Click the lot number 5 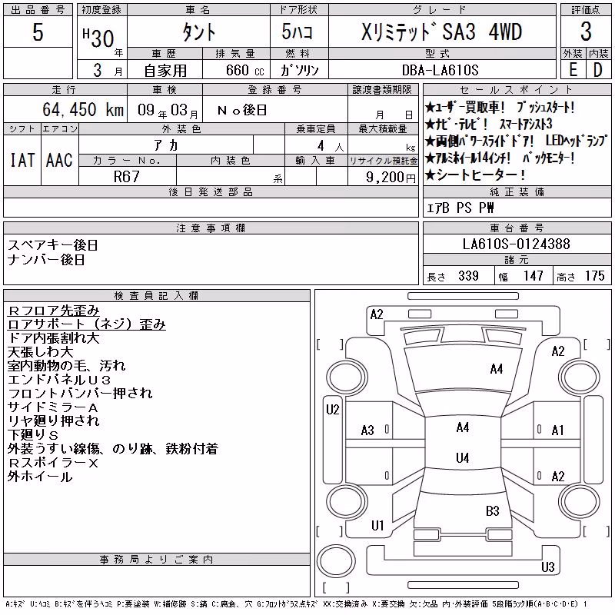click(x=38, y=32)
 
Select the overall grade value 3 click(x=586, y=32)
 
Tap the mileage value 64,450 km click(x=83, y=110)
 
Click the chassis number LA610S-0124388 click(x=516, y=244)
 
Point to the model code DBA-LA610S click(x=440, y=70)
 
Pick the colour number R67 click(x=126, y=177)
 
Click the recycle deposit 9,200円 click(x=391, y=178)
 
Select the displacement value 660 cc click(x=244, y=70)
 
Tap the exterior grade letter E click(x=573, y=70)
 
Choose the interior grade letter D click(x=598, y=70)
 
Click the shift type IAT click(x=22, y=160)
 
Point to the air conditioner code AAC click(x=59, y=160)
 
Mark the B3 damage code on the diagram click(x=492, y=511)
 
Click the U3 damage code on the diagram click(x=547, y=567)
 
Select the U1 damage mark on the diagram click(x=377, y=525)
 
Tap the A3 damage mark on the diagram click(x=367, y=430)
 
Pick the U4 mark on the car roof click(x=463, y=457)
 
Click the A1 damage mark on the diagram click(x=557, y=430)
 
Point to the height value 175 click(x=594, y=276)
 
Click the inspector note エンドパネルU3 click(x=59, y=379)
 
